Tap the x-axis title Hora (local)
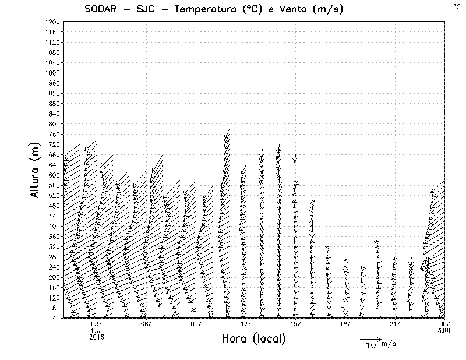(257, 338)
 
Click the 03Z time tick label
(97, 324)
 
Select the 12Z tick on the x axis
(246, 324)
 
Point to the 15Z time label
(296, 324)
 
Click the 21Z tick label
(396, 324)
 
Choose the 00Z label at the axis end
(445, 324)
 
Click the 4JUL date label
(97, 330)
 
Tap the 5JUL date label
(445, 330)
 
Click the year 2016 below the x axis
(97, 337)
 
